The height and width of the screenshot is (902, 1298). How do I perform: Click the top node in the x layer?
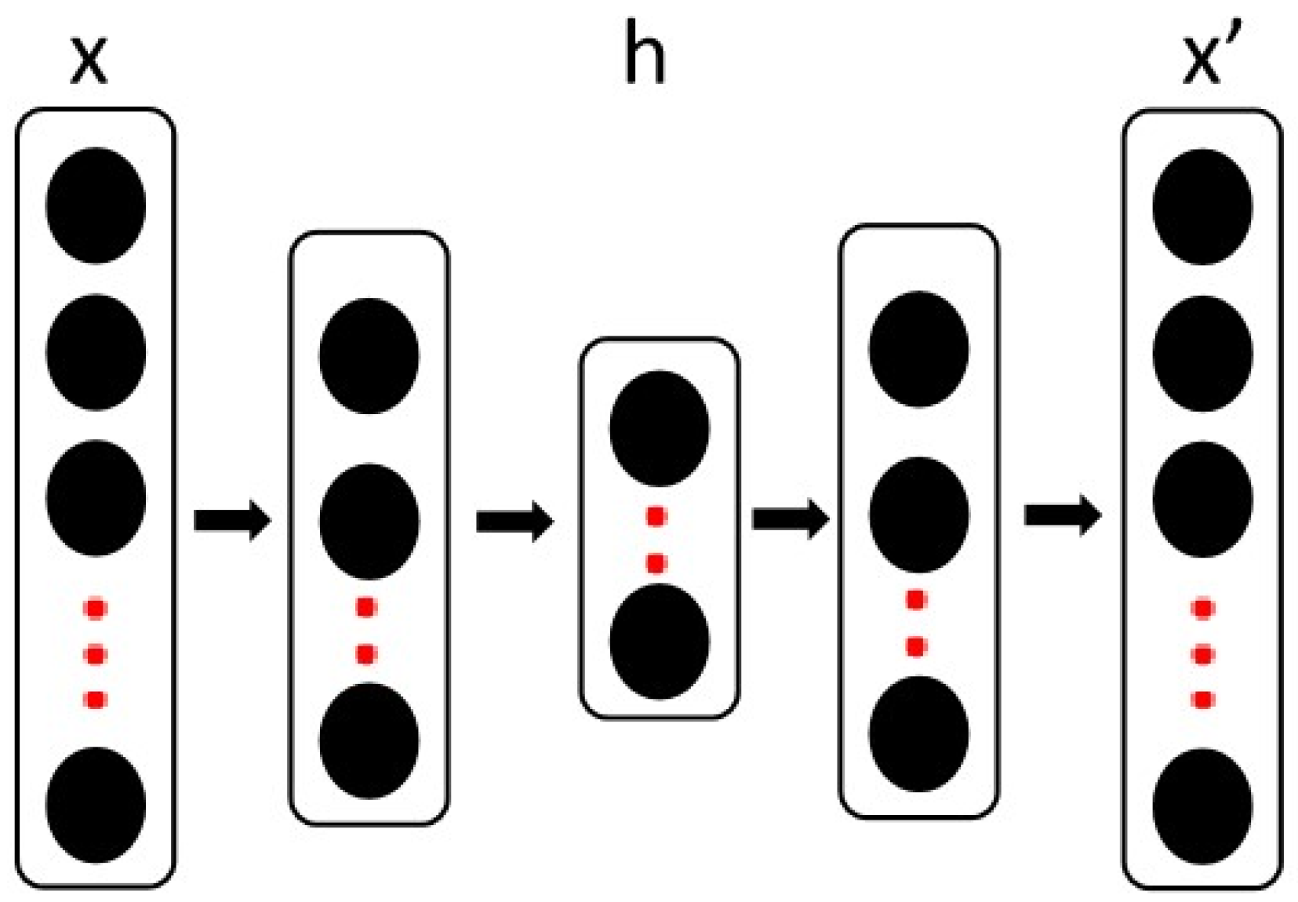[x=96, y=205]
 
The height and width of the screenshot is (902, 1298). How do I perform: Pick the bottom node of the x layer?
[x=96, y=806]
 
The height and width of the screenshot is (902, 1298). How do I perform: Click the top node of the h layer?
[x=659, y=429]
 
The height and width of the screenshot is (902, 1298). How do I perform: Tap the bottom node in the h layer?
[x=659, y=642]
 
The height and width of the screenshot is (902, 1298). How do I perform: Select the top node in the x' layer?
[x=1202, y=207]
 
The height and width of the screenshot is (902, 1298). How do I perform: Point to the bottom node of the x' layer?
[x=1202, y=807]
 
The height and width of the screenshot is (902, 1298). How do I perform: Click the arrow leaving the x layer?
[x=232, y=520]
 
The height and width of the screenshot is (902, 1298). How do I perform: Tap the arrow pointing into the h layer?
[x=514, y=521]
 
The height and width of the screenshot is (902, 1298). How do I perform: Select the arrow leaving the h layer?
[x=790, y=518]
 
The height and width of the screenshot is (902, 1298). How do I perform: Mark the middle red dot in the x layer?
[x=96, y=653]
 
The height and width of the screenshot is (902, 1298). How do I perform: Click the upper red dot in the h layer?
[x=656, y=516]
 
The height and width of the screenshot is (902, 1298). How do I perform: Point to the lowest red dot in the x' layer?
[x=1202, y=699]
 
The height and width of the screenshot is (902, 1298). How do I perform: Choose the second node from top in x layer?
[x=96, y=352]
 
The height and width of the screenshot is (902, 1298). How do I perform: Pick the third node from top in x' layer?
[x=1202, y=500]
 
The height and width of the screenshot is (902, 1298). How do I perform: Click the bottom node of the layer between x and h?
[x=368, y=741]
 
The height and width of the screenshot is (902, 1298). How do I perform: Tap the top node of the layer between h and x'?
[x=918, y=349]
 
